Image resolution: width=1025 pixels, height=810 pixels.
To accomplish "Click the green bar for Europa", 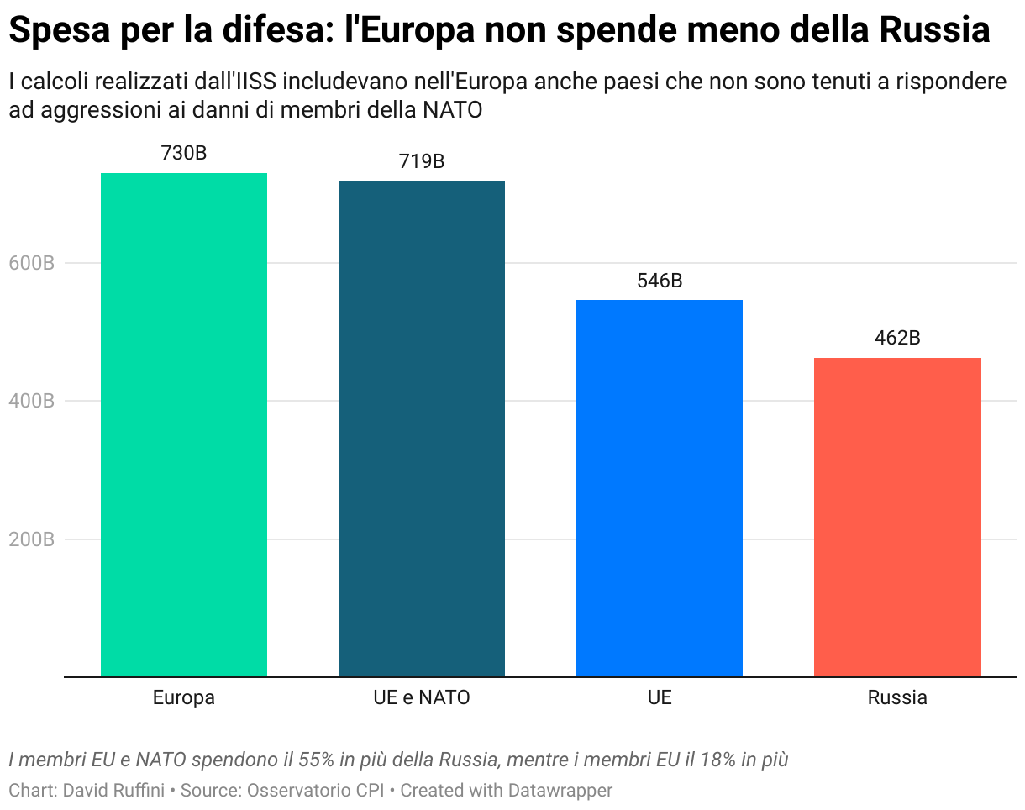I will point(184,424).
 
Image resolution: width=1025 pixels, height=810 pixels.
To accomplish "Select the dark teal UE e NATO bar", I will point(422,429).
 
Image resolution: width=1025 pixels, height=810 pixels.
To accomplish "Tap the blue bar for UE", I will point(660,487).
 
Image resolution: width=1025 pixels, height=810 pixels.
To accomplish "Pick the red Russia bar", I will point(897,517).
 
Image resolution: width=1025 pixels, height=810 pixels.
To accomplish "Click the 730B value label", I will point(184,154).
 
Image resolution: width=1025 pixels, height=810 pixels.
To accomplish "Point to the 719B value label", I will point(422,161).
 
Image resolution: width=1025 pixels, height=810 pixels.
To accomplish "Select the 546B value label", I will point(660,281).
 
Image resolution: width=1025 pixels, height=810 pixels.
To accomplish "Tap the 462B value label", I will point(897,338).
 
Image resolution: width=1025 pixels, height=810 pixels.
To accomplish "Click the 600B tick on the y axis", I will point(32,263).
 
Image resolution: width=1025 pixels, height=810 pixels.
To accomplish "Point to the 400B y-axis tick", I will point(32,401).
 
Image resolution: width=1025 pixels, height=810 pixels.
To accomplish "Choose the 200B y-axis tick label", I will point(32,539).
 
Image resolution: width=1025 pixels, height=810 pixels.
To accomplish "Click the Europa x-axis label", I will point(184,697).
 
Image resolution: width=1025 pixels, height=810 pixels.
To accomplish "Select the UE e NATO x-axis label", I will point(422,697).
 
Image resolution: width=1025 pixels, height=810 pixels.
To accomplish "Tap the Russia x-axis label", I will point(897,697).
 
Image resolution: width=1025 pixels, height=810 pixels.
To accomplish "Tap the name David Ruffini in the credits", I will point(114,791).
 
